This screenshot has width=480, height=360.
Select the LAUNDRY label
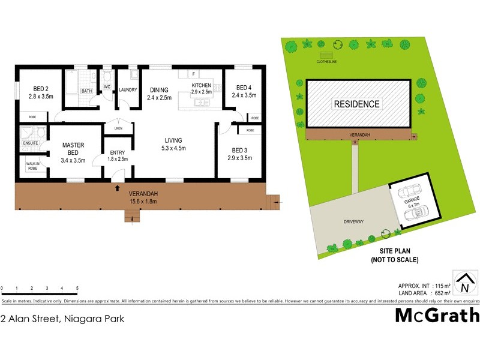click(x=128, y=90)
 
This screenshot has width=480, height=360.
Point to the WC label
click(x=107, y=87)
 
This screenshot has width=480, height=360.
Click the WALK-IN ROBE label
click(x=32, y=165)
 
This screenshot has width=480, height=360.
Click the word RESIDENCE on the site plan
click(x=357, y=104)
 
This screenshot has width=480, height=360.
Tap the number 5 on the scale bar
click(x=77, y=289)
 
